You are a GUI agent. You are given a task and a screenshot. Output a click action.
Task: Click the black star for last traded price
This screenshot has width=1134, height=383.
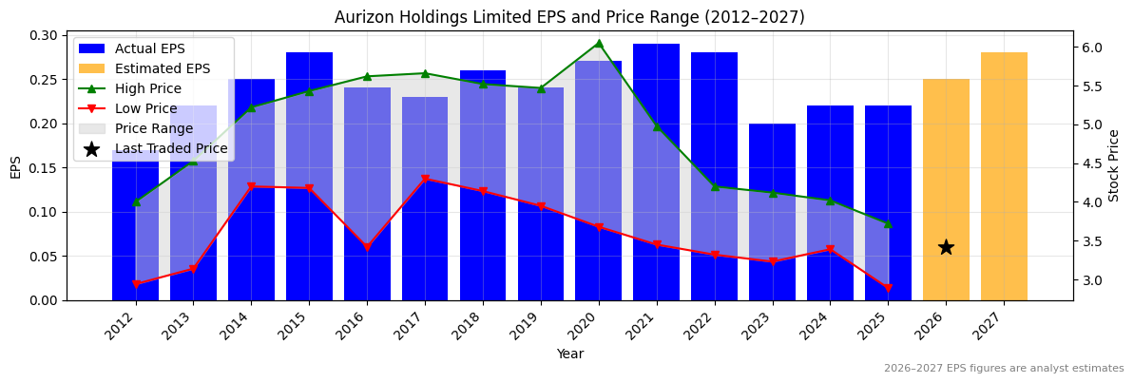[x=946, y=247]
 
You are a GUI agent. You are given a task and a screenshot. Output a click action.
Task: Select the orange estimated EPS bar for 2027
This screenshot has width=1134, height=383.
[x=1004, y=177]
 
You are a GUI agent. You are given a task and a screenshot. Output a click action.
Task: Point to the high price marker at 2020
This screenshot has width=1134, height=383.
[x=598, y=43]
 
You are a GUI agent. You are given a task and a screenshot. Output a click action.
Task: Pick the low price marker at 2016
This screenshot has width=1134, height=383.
[x=367, y=247]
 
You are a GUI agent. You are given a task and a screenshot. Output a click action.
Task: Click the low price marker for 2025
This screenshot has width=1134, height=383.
[x=888, y=287]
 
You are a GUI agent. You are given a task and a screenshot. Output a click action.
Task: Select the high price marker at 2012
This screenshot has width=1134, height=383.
[x=136, y=201]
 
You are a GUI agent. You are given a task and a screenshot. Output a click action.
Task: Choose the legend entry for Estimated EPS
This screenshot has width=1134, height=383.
[x=163, y=68]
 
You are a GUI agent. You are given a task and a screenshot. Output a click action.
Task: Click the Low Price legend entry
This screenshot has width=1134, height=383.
[x=146, y=108]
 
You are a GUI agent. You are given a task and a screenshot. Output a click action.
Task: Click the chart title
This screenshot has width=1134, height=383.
[x=569, y=17]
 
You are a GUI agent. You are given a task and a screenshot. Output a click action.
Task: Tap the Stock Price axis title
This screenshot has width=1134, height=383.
[x=1115, y=165]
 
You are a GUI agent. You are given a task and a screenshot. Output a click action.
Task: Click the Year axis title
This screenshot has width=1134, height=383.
[x=569, y=354]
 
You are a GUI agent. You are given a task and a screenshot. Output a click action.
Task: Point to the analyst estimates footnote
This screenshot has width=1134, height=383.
[x=1004, y=369]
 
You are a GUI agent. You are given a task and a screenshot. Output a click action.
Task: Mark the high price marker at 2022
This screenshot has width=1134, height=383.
[x=715, y=186]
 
